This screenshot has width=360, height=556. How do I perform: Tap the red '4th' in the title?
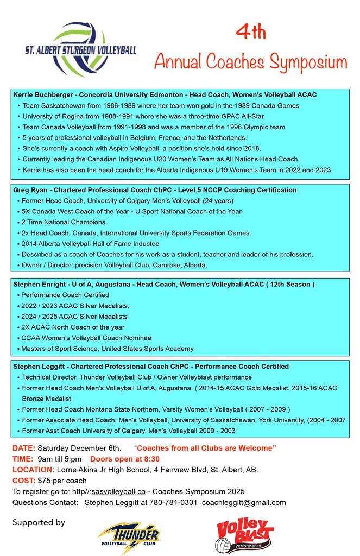[x=251, y=32]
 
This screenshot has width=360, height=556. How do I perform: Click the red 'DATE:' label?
[x=24, y=448]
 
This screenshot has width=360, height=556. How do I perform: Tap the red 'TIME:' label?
[x=23, y=459]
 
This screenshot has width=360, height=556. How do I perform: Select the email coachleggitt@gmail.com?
[x=244, y=502]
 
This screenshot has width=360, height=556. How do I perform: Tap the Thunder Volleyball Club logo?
[x=129, y=537]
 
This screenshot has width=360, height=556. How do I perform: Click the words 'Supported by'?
[x=39, y=522]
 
